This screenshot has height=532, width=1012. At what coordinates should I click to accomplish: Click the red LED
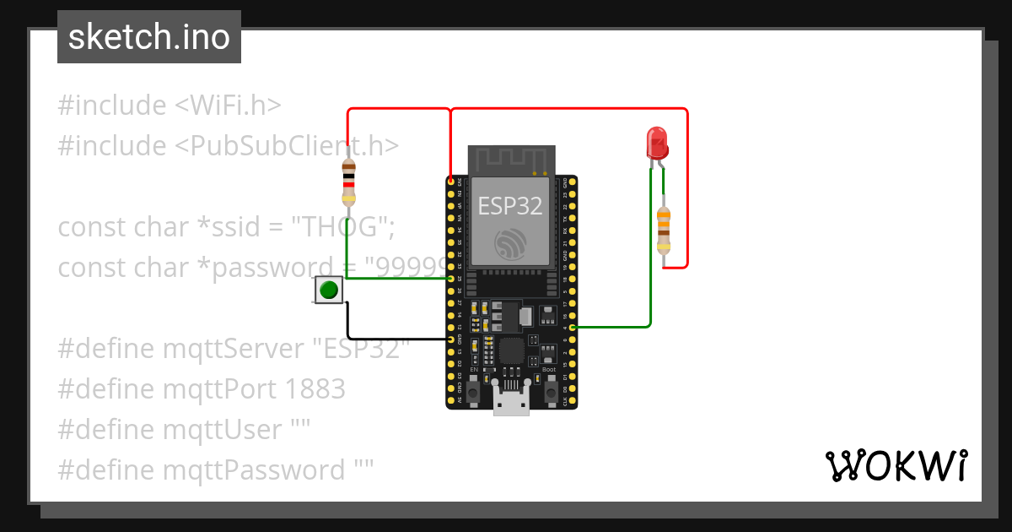pyautogui.click(x=657, y=143)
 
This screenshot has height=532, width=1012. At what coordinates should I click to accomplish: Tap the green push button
pyautogui.click(x=329, y=290)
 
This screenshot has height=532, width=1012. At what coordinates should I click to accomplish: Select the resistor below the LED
pyautogui.click(x=665, y=231)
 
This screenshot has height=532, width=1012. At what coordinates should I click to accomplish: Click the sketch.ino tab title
pyautogui.click(x=149, y=37)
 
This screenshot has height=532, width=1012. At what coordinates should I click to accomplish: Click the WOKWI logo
pyautogui.click(x=896, y=465)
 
